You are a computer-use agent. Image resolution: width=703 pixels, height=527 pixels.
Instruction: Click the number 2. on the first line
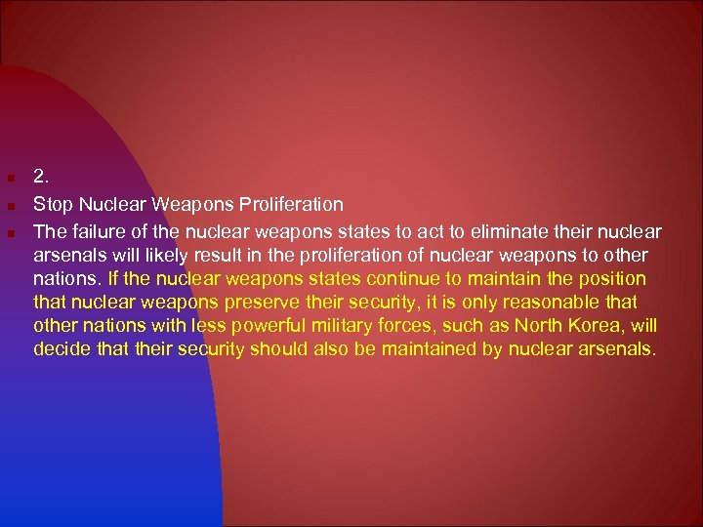point(40,178)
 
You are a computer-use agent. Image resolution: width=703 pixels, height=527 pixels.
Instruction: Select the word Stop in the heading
point(51,205)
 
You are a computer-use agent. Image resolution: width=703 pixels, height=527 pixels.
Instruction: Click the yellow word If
point(115,279)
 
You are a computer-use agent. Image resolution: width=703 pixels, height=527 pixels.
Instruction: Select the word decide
point(61,349)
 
